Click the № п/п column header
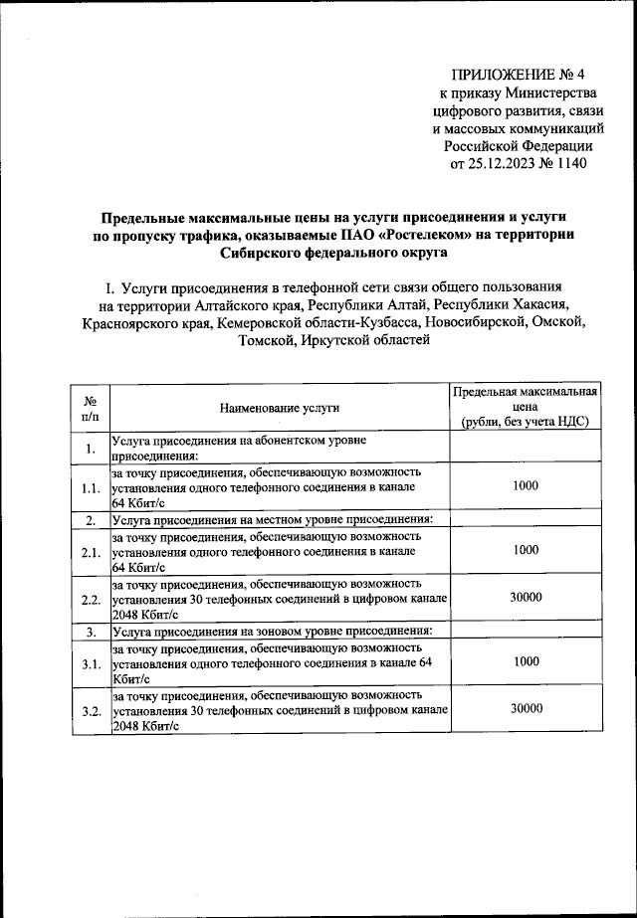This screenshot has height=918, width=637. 90,408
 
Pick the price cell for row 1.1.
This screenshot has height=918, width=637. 526,485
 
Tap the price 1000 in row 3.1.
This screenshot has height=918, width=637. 526,660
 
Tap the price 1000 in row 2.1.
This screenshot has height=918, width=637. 526,549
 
